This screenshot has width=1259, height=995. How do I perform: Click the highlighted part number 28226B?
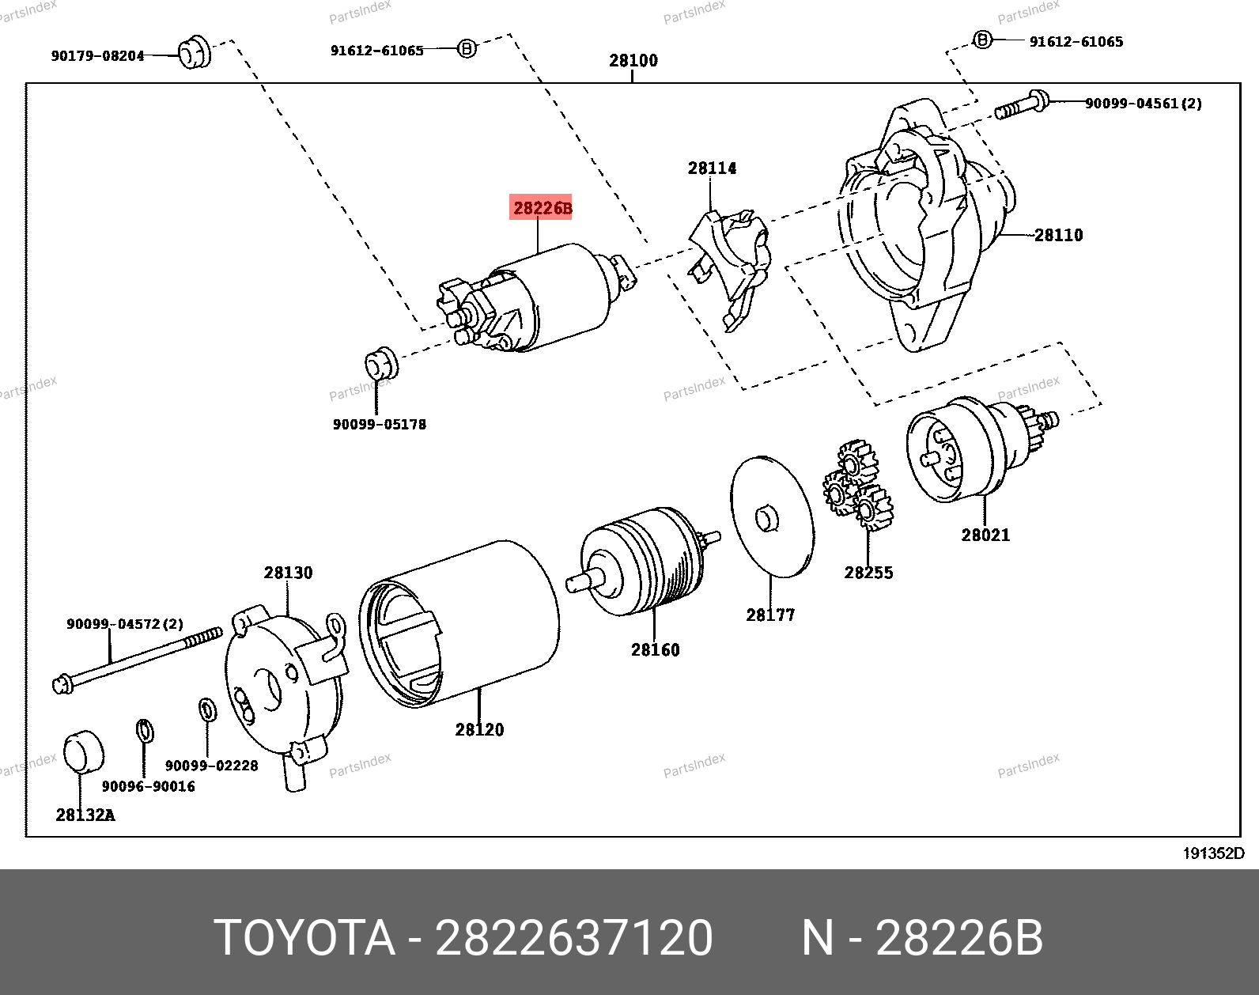click(542, 208)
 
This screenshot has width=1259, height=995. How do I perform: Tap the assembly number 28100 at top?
click(633, 60)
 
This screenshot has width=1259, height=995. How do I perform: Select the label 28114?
click(712, 168)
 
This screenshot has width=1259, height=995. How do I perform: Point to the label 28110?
click(1058, 235)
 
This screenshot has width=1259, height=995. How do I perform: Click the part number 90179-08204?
click(97, 56)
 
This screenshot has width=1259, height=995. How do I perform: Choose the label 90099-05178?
click(379, 425)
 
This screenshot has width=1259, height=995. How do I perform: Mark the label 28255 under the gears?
click(868, 573)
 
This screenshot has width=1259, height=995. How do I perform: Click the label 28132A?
click(85, 815)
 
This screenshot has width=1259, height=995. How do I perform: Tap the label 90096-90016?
click(148, 786)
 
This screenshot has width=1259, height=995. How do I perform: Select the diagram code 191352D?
click(1213, 853)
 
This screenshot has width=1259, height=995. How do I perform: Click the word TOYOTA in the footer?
click(304, 938)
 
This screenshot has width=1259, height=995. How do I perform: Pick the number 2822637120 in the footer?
click(574, 938)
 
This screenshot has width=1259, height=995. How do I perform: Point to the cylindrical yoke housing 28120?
click(474, 617)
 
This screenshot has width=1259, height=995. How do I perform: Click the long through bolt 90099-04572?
click(138, 656)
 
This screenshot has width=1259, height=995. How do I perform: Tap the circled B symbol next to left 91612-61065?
click(467, 49)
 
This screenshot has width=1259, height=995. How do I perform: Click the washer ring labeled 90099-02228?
click(207, 709)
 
